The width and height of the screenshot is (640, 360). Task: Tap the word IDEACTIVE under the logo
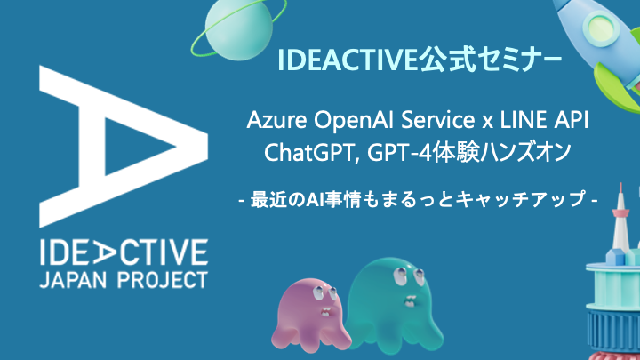pyautogui.click(x=124, y=252)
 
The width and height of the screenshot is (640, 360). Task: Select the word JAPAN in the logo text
pyautogui.click(x=73, y=280)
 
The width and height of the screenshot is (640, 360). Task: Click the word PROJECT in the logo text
pyautogui.click(x=163, y=280)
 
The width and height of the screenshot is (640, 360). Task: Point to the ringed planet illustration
pyautogui.click(x=239, y=29)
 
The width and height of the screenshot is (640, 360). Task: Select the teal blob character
pyautogui.click(x=392, y=304)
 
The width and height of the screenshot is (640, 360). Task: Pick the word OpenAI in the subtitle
pyautogui.click(x=354, y=120)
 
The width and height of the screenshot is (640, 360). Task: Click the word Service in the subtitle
pyautogui.click(x=437, y=120)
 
